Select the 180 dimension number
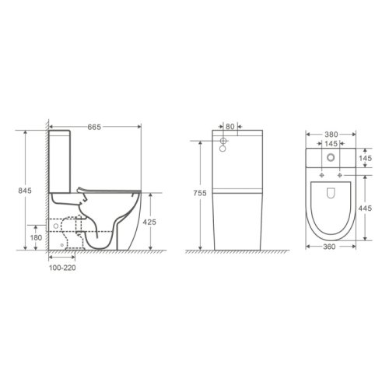35,237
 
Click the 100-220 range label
61,265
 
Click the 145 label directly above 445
375,159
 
